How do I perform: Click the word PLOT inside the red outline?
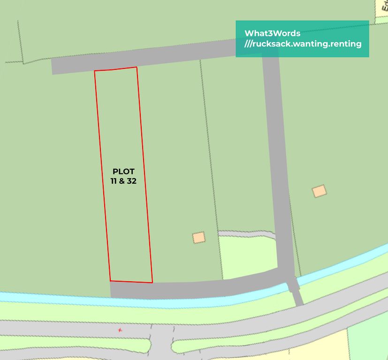coord(124,172)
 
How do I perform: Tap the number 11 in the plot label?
coord(114,181)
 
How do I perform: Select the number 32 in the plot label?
coord(131,181)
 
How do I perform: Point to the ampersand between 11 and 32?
coord(122,181)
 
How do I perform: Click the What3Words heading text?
coord(272,33)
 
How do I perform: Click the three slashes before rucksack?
coord(248,44)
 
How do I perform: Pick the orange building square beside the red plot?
coord(199,238)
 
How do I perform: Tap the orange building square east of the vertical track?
coord(320,191)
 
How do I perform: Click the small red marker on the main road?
coord(121,330)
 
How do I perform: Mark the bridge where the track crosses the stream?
coord(294,284)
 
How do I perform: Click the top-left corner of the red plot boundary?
coord(95,71)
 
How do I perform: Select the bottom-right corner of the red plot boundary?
coord(152,283)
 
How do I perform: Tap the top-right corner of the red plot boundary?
coord(137,67)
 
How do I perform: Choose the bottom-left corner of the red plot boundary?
coord(110,281)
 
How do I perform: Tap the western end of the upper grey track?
coord(53,67)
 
